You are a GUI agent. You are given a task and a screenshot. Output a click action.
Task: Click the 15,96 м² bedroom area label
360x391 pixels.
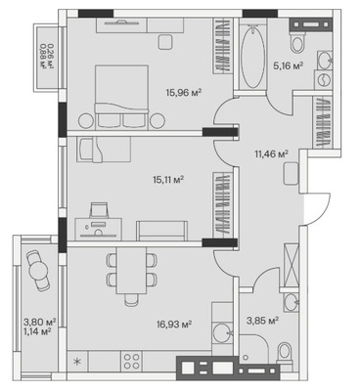(184, 93)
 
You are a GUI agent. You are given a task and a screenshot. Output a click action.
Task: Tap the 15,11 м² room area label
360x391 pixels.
(169, 179)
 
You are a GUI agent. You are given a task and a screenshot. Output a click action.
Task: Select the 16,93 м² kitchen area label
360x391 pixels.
(174, 325)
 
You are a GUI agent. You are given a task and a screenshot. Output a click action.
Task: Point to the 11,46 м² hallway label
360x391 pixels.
(272, 153)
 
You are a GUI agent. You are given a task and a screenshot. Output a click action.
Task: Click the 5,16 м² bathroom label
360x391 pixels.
(289, 66)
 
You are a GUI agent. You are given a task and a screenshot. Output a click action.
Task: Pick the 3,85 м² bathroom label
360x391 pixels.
(263, 321)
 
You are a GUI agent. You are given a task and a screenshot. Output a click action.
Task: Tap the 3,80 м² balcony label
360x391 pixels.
(40, 323)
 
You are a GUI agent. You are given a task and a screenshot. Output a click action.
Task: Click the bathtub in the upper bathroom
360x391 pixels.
(252, 57)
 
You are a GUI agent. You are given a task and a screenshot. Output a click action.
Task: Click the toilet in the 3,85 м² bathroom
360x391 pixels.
(285, 354)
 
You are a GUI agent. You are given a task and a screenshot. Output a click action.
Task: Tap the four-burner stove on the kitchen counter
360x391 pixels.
(132, 362)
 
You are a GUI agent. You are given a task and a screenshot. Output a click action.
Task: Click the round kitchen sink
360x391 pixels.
(222, 333)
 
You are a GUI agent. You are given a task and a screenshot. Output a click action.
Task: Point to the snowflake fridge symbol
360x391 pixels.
(77, 362)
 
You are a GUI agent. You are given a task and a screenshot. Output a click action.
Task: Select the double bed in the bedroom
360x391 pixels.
(121, 97)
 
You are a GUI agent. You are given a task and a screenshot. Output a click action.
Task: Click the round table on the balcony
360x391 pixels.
(38, 270)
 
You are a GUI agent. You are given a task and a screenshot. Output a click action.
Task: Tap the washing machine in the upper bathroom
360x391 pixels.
(324, 80)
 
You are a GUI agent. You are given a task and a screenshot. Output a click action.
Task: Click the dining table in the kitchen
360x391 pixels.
(131, 271)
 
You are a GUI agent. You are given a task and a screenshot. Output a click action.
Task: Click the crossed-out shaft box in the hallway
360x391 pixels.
(292, 265)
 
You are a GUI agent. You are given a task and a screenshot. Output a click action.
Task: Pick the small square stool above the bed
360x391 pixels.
(166, 42)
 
